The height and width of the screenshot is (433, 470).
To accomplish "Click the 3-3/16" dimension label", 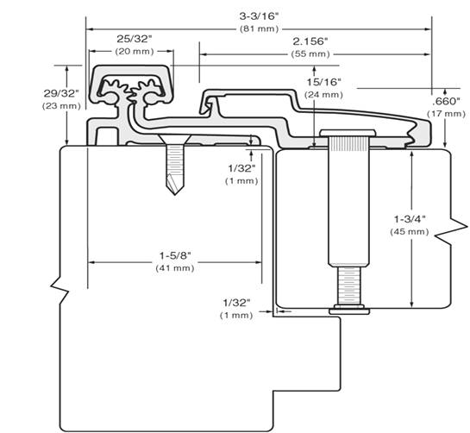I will point(259,14).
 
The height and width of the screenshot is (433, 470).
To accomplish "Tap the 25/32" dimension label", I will point(135,38).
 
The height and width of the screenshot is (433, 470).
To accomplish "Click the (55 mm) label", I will point(310,53).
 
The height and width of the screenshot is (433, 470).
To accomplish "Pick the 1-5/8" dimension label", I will point(174,255).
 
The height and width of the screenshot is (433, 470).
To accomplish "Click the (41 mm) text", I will point(174,268).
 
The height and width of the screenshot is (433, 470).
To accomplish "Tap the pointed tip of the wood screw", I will point(176,191).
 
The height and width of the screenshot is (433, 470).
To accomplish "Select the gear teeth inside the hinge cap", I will point(135,86).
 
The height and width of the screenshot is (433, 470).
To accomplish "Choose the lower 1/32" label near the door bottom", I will point(236,303).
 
